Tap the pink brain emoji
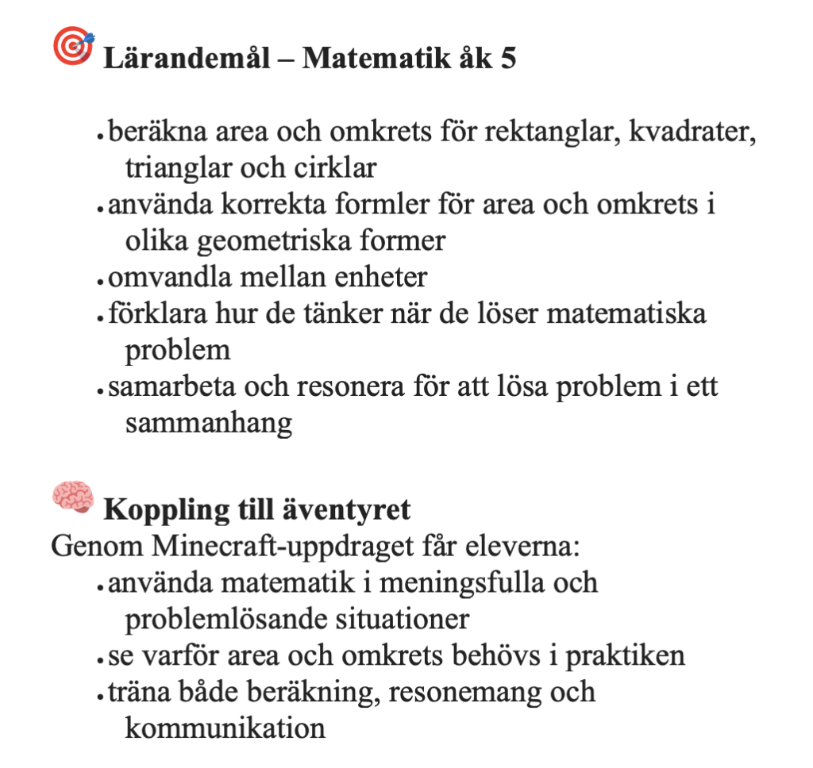(72, 497)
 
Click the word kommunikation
(225, 728)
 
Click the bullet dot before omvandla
(101, 280)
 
